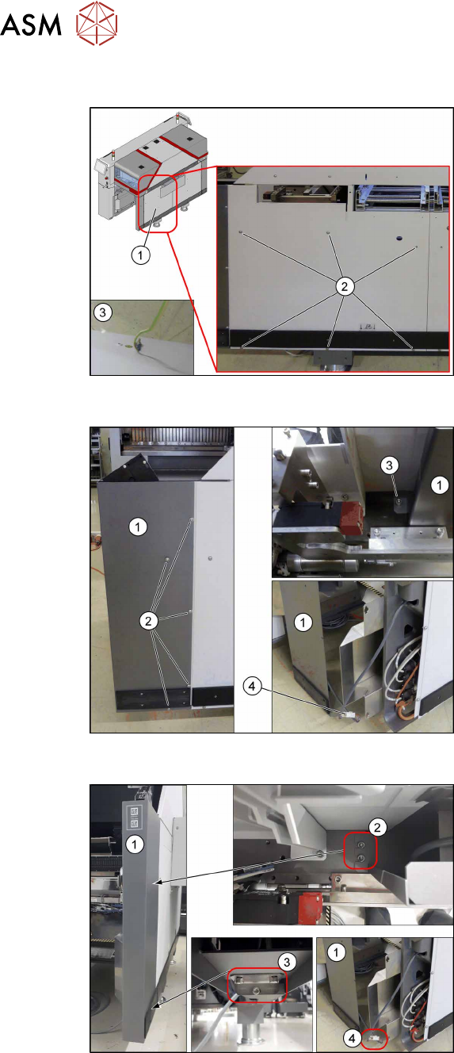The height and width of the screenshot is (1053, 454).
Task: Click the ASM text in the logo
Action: tap(31, 25)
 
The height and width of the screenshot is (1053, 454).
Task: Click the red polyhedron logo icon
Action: tap(97, 24)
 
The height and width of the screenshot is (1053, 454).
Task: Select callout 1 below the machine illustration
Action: tap(140, 255)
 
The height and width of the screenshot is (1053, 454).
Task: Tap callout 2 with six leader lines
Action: tap(345, 286)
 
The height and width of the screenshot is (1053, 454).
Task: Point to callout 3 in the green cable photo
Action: tap(103, 312)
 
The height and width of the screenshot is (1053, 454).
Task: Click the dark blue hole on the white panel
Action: tap(399, 238)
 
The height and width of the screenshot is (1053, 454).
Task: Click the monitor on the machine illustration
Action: tap(101, 166)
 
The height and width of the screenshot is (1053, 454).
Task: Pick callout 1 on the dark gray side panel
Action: tap(138, 527)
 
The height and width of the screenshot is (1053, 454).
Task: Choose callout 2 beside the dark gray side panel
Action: tap(148, 621)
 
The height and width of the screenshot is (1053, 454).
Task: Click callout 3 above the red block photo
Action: tap(389, 465)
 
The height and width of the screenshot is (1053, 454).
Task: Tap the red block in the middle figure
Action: tap(349, 517)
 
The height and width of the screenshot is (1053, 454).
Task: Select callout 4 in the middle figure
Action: tap(252, 687)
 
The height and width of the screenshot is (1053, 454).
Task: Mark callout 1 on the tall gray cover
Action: tap(135, 844)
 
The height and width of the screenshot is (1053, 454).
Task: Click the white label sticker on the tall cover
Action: tap(134, 818)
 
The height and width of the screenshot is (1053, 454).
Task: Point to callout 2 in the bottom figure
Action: tap(377, 827)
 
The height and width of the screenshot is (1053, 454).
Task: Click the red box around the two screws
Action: tap(360, 851)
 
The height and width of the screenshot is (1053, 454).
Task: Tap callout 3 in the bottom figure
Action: tap(287, 962)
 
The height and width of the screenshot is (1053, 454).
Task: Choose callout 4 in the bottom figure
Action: tap(352, 1038)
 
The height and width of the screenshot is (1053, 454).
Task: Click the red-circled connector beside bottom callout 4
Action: tap(375, 1037)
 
